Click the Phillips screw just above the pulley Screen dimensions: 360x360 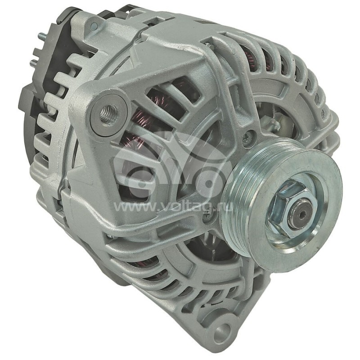click(x=247, y=139)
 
